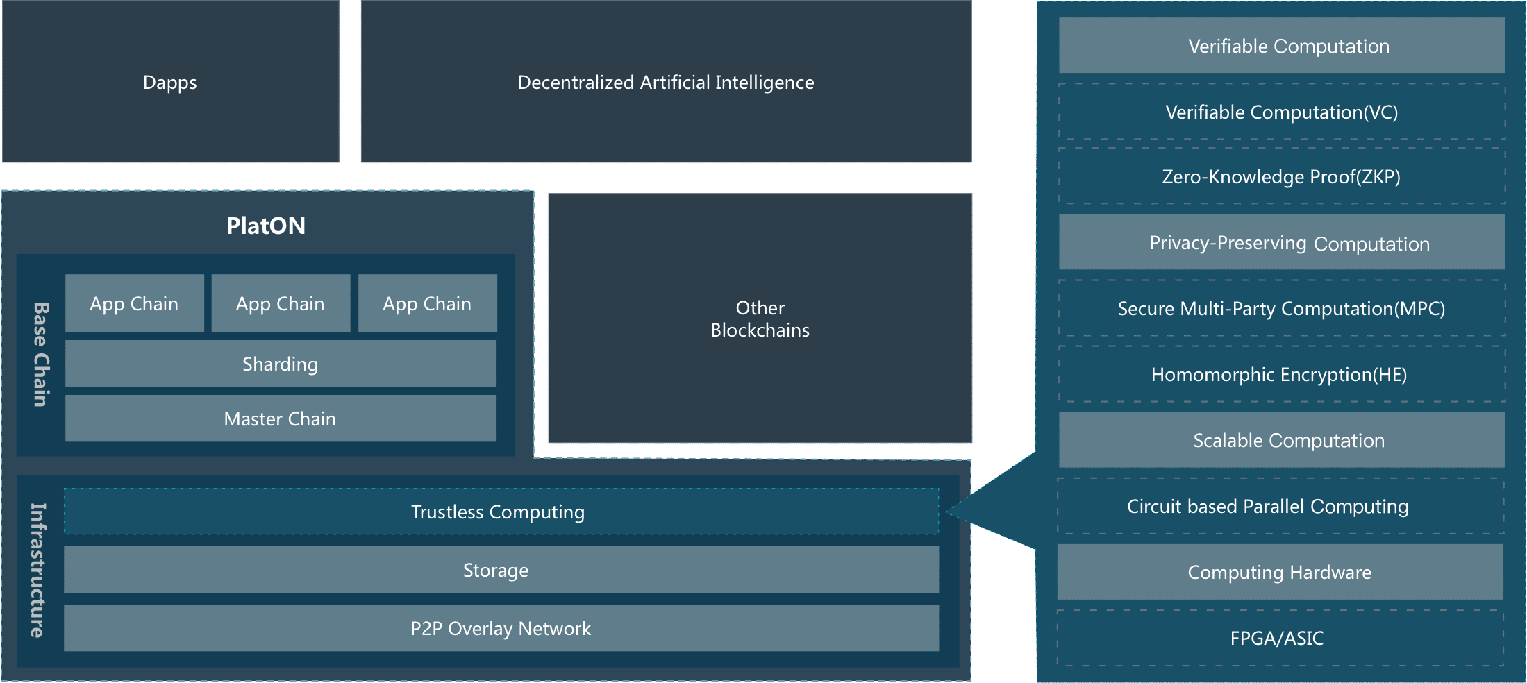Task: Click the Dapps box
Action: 170,82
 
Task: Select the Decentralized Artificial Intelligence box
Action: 666,82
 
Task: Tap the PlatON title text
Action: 266,226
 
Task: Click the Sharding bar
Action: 280,364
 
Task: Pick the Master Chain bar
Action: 280,419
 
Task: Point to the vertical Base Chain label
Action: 41,354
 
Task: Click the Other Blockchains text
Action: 760,319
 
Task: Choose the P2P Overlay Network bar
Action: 500,628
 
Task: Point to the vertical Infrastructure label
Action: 38,570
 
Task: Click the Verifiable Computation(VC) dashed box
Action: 1281,112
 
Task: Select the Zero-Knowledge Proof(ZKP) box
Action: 1281,176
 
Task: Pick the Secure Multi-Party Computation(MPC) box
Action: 1281,308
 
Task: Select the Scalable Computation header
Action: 1281,440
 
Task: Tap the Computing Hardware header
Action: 1280,572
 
